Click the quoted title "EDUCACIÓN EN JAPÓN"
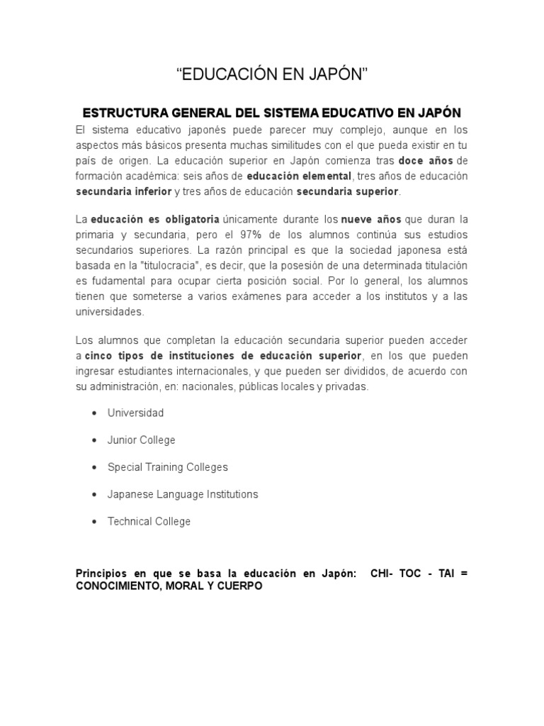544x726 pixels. tap(272, 74)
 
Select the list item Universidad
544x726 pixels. tap(135, 413)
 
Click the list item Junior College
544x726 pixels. tap(141, 440)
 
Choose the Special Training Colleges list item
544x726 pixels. tap(167, 467)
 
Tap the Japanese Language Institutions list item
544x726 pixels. tap(182, 494)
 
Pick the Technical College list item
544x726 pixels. tap(149, 521)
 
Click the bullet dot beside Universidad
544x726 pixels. tap(94, 413)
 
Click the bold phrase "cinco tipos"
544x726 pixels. tap(113, 355)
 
